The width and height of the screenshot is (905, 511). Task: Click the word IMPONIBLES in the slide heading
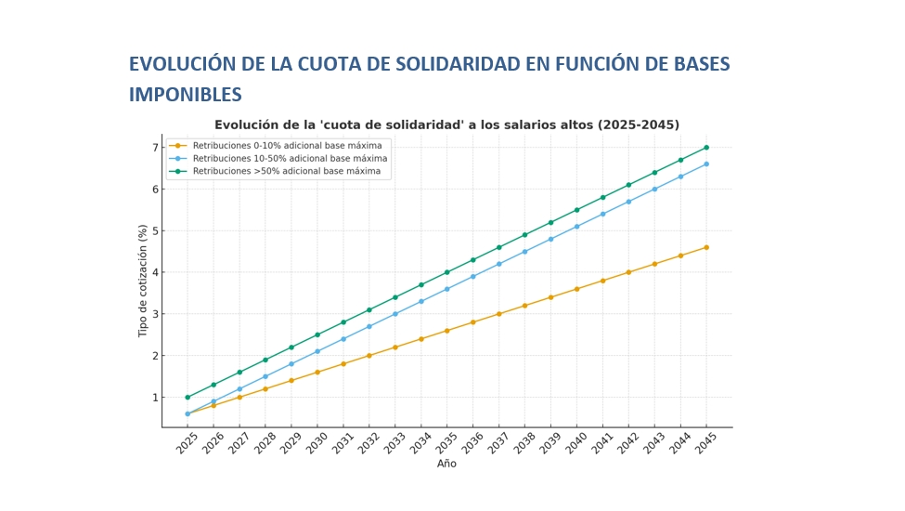[x=186, y=95]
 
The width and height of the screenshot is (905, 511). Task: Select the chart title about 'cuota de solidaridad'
[x=446, y=124]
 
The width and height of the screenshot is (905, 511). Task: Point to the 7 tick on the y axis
[x=156, y=148]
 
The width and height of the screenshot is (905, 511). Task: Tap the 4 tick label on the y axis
[x=156, y=272]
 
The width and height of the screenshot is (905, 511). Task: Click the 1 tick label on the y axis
[x=156, y=398]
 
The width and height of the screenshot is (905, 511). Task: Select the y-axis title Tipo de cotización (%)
[x=143, y=281]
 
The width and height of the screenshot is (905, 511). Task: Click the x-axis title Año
[x=446, y=464]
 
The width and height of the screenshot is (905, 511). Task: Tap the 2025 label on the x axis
[x=186, y=444]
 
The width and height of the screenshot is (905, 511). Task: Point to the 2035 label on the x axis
[x=446, y=444]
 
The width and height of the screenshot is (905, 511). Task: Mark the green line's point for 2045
[x=706, y=147]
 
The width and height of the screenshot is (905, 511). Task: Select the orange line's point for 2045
[x=706, y=247]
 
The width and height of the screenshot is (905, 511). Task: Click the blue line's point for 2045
[x=706, y=164]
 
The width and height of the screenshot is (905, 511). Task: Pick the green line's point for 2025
[x=187, y=398]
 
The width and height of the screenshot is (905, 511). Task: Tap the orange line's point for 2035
[x=446, y=331]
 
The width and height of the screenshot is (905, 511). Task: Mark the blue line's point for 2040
[x=576, y=227]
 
